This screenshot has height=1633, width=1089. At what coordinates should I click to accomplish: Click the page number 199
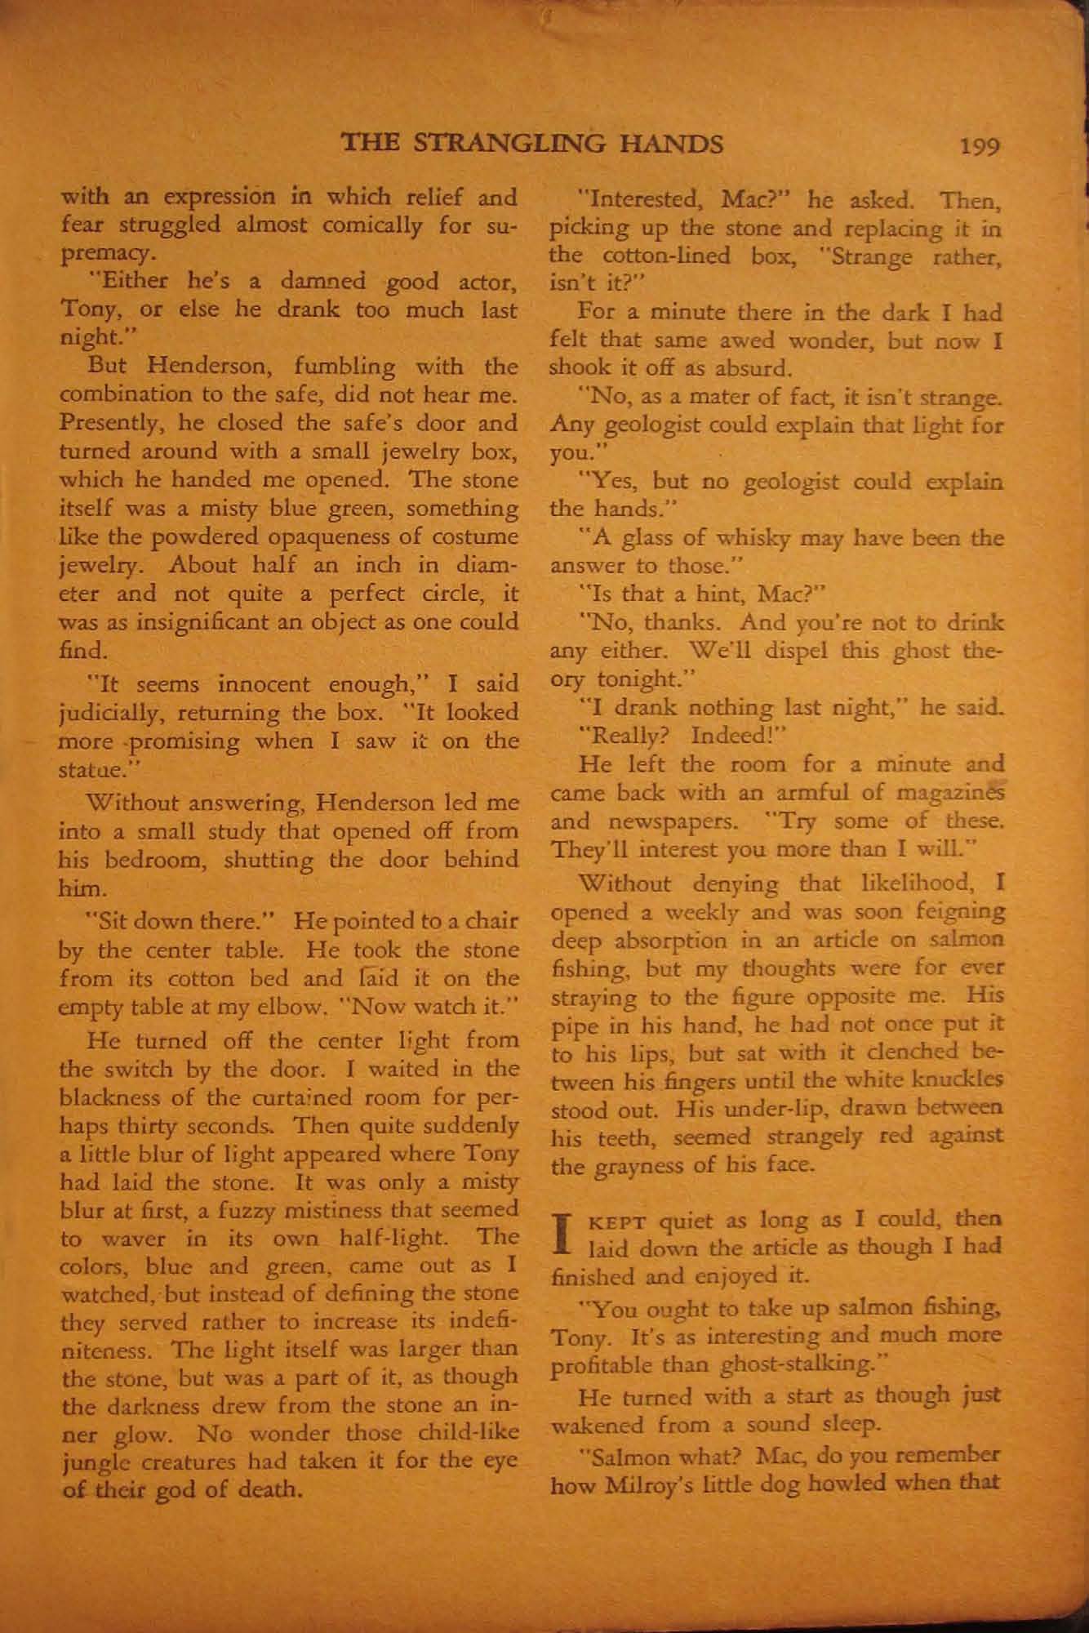980,147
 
